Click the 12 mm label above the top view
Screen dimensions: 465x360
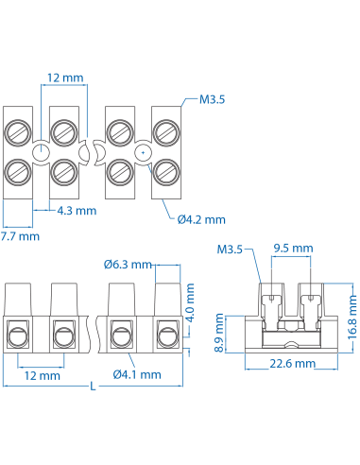point(59,76)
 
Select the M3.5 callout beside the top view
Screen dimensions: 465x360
point(212,97)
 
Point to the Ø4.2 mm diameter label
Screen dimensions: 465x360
point(201,218)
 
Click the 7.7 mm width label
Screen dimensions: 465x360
point(20,235)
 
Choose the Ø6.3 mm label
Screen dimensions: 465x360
point(128,264)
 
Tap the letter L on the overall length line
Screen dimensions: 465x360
point(92,386)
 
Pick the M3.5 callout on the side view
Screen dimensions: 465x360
point(230,250)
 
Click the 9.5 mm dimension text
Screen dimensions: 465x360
point(292,249)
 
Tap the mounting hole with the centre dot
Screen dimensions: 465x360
point(142,151)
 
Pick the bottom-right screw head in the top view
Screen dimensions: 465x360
point(165,171)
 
